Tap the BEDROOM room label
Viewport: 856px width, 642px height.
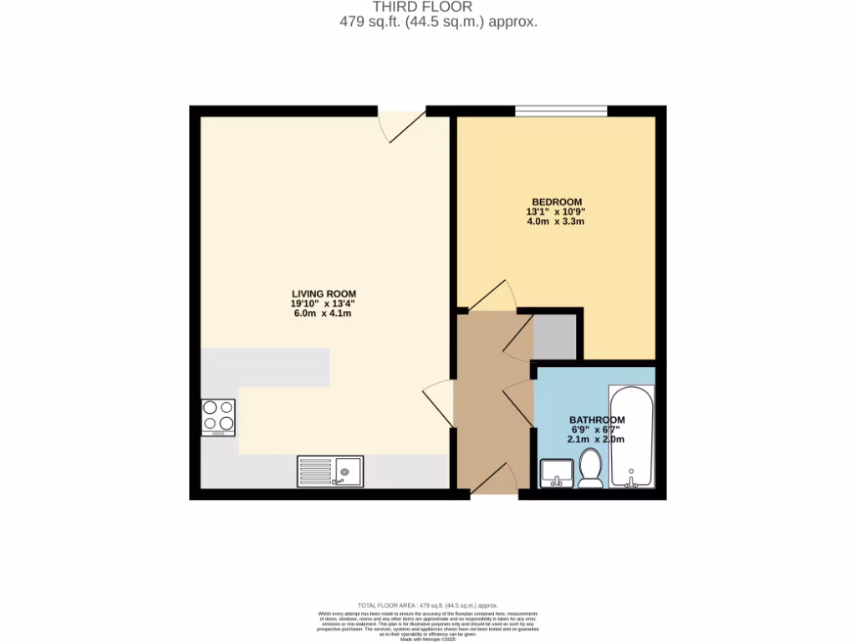558,201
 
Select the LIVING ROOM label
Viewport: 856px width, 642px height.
324,293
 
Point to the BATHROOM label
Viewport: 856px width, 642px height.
597,420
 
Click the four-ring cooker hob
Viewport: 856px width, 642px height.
218,417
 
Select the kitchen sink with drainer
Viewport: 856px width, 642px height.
329,471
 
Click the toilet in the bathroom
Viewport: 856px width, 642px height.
590,468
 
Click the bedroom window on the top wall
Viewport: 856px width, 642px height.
560,110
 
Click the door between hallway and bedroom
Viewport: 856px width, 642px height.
492,298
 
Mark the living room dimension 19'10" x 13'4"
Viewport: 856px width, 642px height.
324,303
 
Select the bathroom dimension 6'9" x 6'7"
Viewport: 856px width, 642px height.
597,430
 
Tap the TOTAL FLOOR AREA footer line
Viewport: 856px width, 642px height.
427,605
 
